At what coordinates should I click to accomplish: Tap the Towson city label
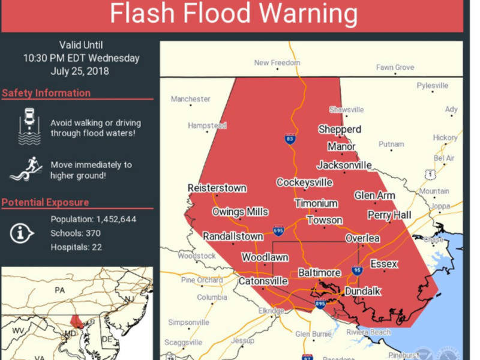(x=325, y=220)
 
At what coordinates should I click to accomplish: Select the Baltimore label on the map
(x=319, y=273)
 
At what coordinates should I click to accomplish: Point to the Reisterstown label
(x=217, y=188)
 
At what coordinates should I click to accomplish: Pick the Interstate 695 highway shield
(x=278, y=229)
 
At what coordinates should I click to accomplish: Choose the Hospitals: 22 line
(x=75, y=247)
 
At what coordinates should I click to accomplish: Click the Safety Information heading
(x=46, y=93)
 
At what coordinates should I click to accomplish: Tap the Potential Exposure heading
(x=45, y=202)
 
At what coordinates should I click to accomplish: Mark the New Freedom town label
(x=277, y=62)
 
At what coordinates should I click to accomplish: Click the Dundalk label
(x=362, y=291)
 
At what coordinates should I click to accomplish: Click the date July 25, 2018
(x=81, y=71)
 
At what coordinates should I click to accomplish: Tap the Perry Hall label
(x=388, y=215)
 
